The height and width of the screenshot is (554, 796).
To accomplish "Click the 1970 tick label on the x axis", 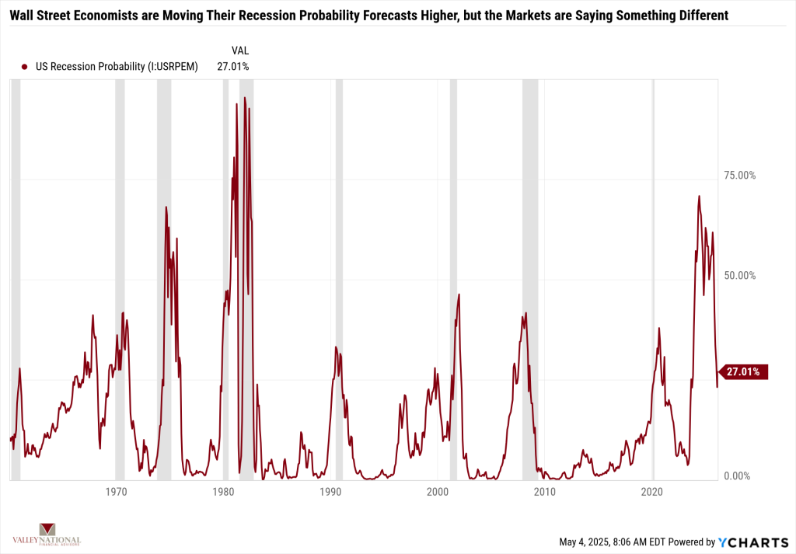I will tap(117, 491).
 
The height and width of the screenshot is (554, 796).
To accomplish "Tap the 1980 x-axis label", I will tap(223, 491).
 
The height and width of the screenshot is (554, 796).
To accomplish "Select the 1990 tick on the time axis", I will tap(330, 491).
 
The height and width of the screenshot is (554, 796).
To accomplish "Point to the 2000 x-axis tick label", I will tap(438, 491).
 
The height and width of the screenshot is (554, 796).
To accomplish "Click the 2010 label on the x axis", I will tap(545, 491).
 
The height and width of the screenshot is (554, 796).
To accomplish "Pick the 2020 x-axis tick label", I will tap(652, 491).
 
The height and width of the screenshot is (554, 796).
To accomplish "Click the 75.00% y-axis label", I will tap(740, 176).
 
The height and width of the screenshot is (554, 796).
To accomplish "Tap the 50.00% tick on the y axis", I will tap(740, 276).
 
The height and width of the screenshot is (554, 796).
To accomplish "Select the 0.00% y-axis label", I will tap(737, 476).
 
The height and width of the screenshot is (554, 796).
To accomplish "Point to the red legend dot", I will tap(25, 67).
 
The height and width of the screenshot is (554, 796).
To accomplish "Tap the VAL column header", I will tap(240, 50).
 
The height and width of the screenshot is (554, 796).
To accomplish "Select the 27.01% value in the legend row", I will tap(233, 67).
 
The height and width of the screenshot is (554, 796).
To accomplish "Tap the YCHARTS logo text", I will tap(750, 542).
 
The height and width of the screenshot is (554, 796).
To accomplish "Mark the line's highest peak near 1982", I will tap(244, 98).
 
